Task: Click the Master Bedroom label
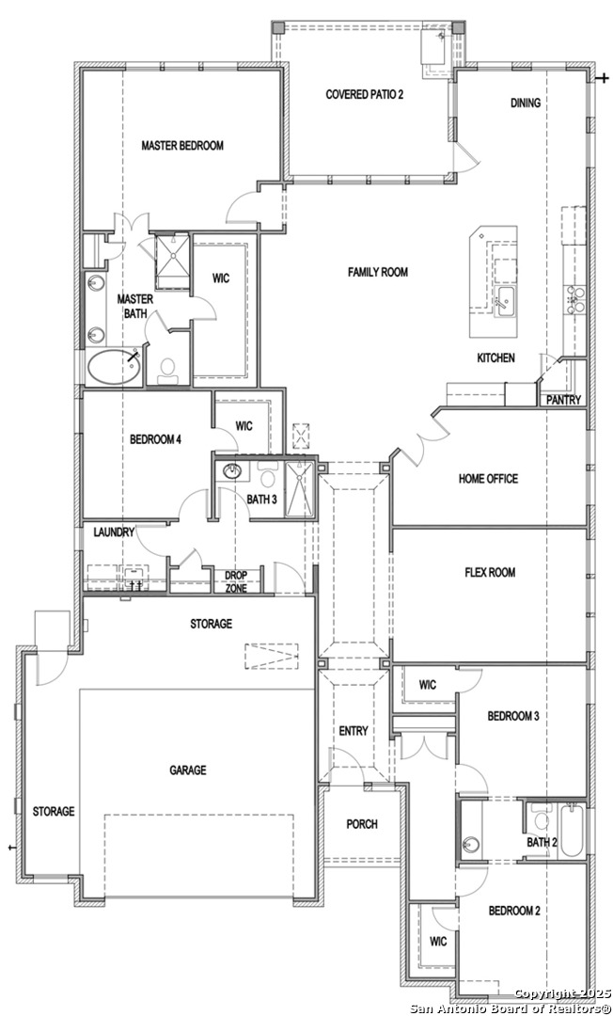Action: pyautogui.click(x=182, y=145)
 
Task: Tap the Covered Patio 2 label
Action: pyautogui.click(x=365, y=95)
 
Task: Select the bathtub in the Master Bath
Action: pyautogui.click(x=114, y=367)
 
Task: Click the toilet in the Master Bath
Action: pyautogui.click(x=168, y=368)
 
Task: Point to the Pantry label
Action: pyautogui.click(x=564, y=400)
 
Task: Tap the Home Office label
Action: pyautogui.click(x=488, y=478)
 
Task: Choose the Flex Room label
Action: pyautogui.click(x=490, y=572)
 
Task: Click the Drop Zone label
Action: pyautogui.click(x=236, y=582)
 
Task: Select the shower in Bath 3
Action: pyautogui.click(x=300, y=489)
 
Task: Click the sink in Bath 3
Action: pyautogui.click(x=231, y=471)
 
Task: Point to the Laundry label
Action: pyautogui.click(x=114, y=532)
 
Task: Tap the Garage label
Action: pyautogui.click(x=188, y=770)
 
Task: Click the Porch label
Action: pyautogui.click(x=362, y=824)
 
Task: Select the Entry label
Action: pyautogui.click(x=354, y=731)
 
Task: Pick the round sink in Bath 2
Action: pyautogui.click(x=472, y=845)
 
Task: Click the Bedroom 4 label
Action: pyautogui.click(x=155, y=439)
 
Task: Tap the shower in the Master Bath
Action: pyautogui.click(x=171, y=261)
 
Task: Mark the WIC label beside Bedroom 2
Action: pyautogui.click(x=438, y=942)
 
